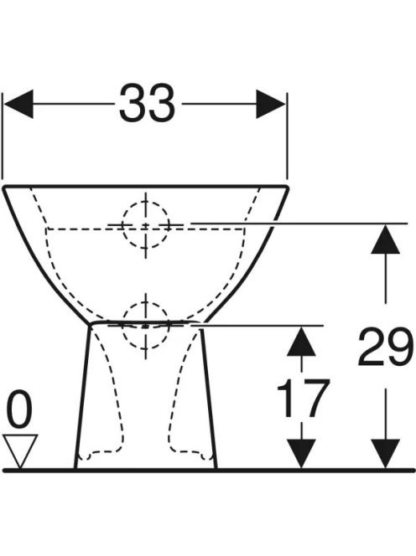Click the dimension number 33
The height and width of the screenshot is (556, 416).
pyautogui.click(x=147, y=103)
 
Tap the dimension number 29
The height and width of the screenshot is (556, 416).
pyautogui.click(x=386, y=347)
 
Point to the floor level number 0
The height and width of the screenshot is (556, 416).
pyautogui.click(x=20, y=409)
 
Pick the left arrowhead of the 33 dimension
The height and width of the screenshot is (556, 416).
pyautogui.click(x=18, y=104)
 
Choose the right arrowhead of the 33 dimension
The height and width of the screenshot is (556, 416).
pyautogui.click(x=271, y=104)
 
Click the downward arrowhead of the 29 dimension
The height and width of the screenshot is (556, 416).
pyautogui.click(x=386, y=453)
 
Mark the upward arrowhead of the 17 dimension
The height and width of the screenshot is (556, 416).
pyautogui.click(x=301, y=341)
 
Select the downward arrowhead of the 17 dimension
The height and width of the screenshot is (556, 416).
pyautogui.click(x=301, y=453)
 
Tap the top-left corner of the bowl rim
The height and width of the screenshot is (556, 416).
pyautogui.click(x=4, y=187)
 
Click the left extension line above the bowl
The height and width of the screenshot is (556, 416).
pyautogui.click(x=3, y=136)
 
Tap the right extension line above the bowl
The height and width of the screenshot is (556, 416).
pyautogui.click(x=287, y=136)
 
